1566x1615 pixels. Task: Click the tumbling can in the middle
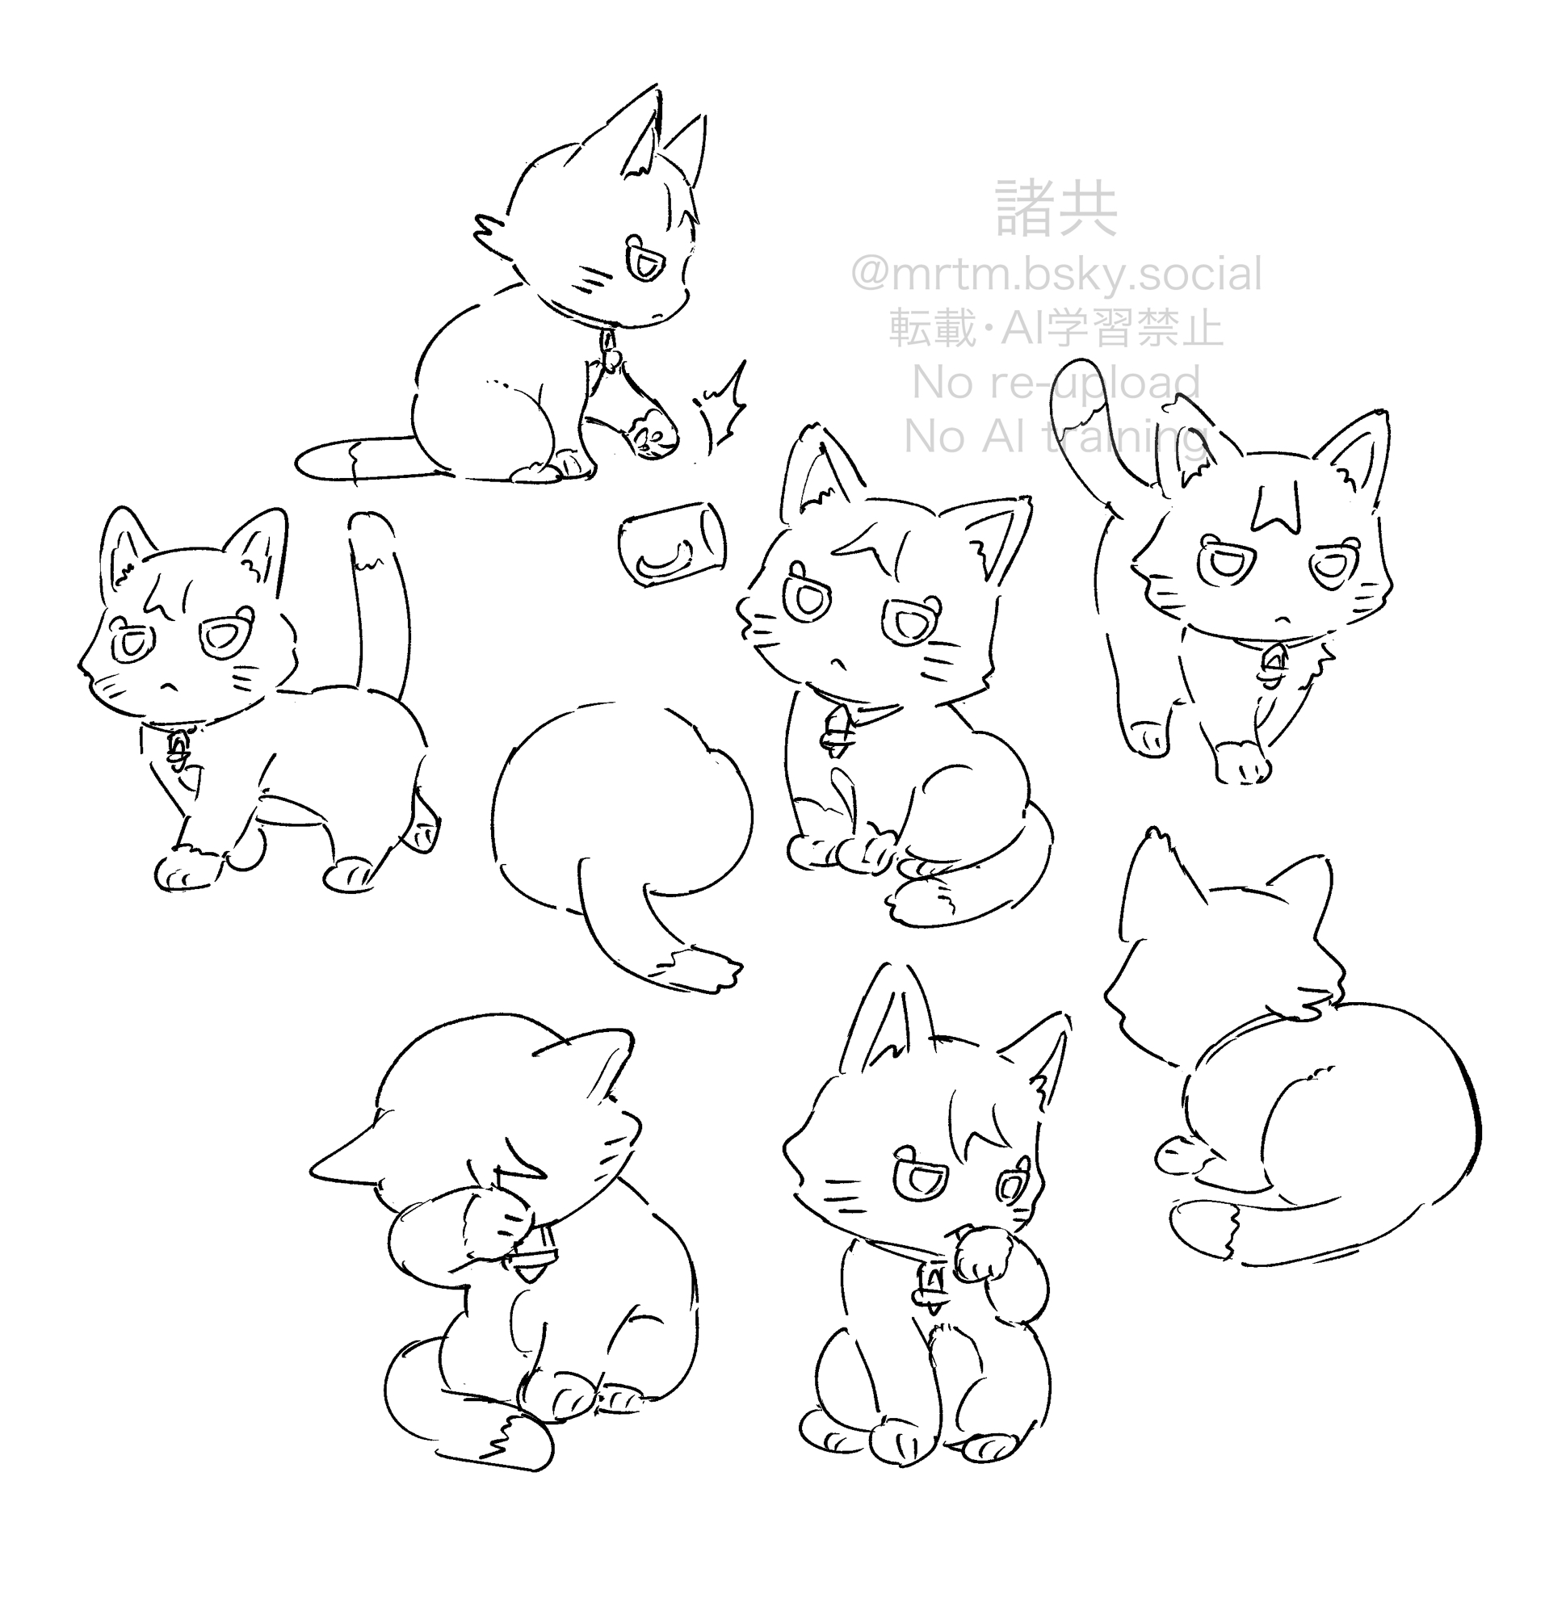673,544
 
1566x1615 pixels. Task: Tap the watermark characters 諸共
1056,209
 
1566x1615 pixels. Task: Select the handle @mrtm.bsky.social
1056,275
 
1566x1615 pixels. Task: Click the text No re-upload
1056,382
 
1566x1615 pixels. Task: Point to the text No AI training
1056,436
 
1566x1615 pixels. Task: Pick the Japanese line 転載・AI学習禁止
1056,329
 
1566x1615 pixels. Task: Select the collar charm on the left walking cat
176,749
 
